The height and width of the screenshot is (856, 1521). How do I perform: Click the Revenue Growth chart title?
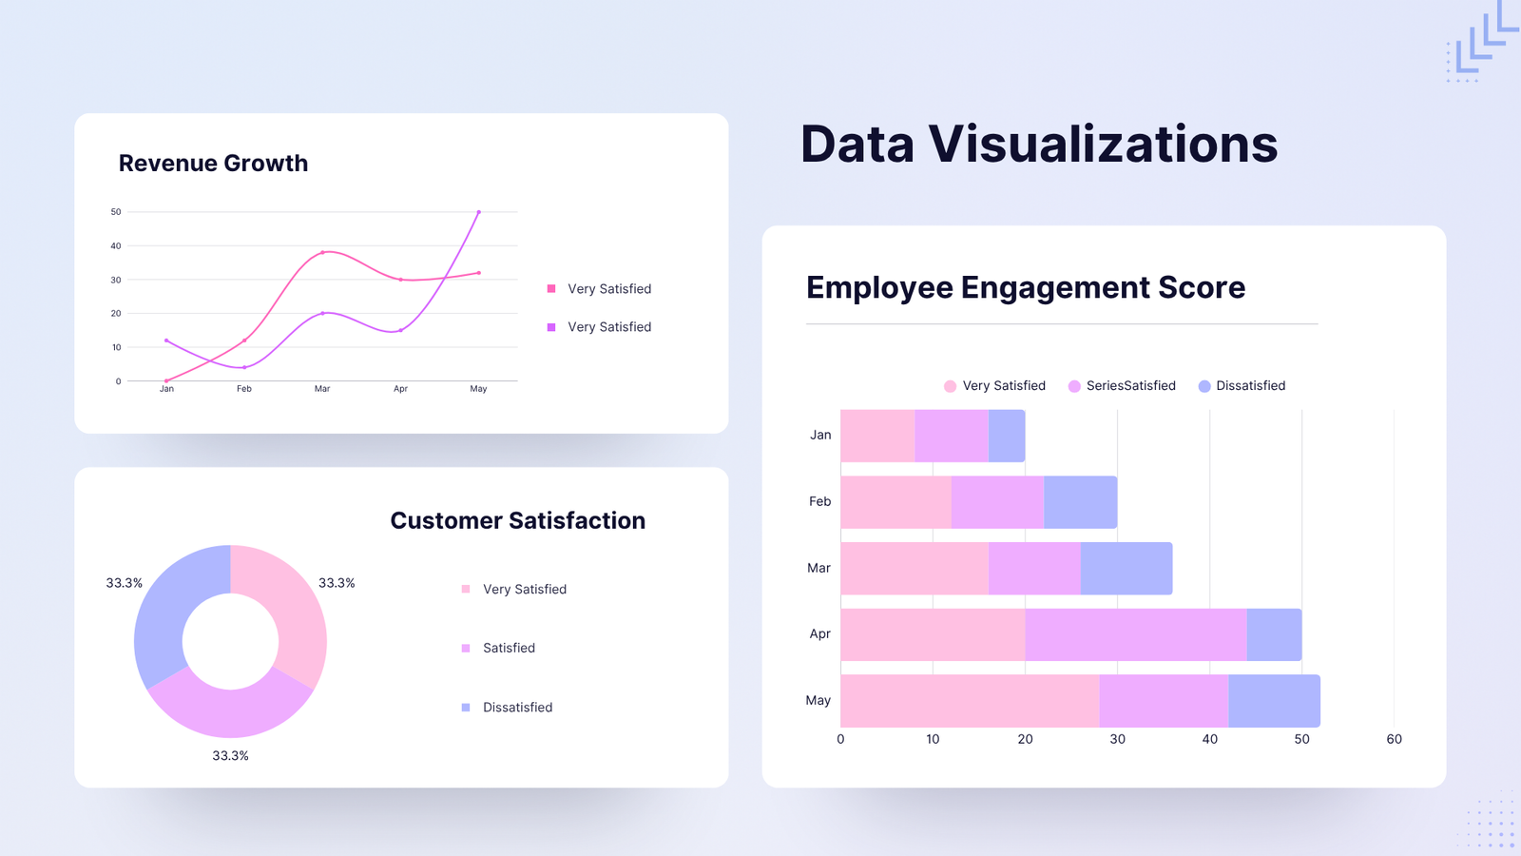tap(213, 164)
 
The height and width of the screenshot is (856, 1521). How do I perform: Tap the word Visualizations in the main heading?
tap(1103, 145)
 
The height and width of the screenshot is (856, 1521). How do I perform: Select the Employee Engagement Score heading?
tap(1025, 287)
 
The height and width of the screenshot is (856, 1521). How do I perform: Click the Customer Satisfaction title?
tap(517, 520)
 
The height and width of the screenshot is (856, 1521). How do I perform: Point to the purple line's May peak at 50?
tap(478, 212)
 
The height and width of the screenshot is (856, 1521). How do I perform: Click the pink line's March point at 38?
tap(323, 252)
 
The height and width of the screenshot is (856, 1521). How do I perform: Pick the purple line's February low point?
tap(244, 367)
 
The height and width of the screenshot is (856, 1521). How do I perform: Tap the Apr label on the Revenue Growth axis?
tap(400, 389)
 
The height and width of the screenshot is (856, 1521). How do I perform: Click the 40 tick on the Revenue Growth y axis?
tap(116, 245)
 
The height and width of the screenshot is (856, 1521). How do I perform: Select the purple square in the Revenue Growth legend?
tap(551, 327)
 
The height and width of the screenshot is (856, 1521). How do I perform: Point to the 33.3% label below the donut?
tap(230, 756)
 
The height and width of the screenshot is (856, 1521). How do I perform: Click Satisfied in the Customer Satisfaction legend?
tap(509, 648)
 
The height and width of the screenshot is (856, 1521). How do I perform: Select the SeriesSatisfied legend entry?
tap(1130, 385)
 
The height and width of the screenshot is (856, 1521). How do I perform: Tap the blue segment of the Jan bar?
tap(1007, 436)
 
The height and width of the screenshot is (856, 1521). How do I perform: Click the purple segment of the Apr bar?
tap(1136, 634)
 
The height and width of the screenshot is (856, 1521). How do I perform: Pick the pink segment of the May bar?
tap(970, 701)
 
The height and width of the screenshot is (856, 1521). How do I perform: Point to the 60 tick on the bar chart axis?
tap(1394, 739)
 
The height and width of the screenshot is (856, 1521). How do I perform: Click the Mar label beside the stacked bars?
tap(818, 568)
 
